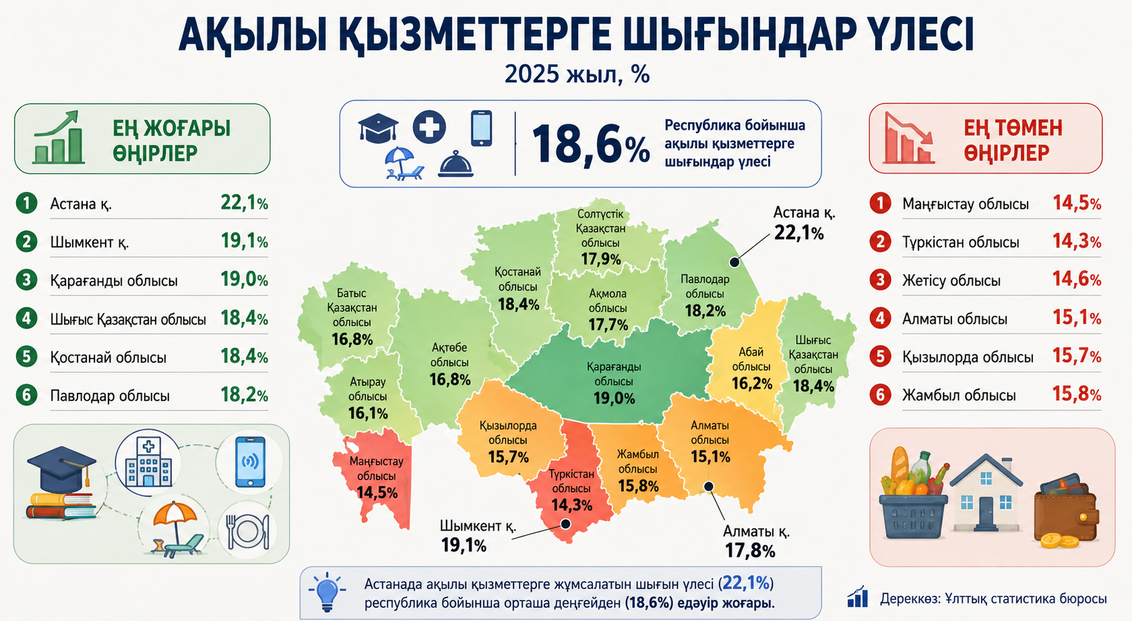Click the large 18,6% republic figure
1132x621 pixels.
(x=591, y=144)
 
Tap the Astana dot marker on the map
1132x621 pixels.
(x=734, y=262)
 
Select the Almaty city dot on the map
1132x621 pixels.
(x=709, y=486)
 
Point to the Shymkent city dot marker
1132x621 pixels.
(x=566, y=524)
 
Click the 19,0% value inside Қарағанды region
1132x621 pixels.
(x=614, y=398)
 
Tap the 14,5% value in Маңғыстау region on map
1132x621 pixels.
(x=377, y=493)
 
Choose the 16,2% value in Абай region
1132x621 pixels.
(x=752, y=384)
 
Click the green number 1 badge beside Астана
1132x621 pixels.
(x=26, y=203)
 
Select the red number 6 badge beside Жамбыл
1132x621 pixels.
(x=881, y=394)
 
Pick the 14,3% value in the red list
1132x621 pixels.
(x=1077, y=241)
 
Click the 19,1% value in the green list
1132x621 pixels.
(x=244, y=241)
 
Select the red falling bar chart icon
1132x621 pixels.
(x=909, y=138)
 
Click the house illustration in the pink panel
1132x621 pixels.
(x=986, y=492)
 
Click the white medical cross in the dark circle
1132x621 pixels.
(x=429, y=126)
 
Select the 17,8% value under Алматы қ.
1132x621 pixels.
(x=750, y=551)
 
